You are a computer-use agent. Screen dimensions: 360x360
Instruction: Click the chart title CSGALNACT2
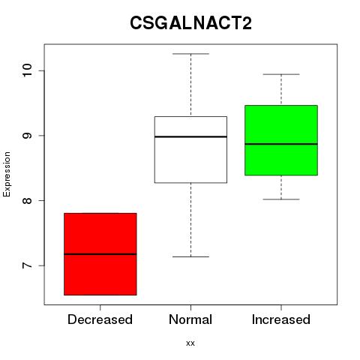point(190,22)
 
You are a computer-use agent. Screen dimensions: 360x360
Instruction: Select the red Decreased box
point(100,254)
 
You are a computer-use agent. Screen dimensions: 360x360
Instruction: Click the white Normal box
point(190,149)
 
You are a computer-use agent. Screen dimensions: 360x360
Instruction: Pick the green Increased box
point(281,140)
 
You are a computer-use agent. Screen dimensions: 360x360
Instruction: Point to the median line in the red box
point(100,254)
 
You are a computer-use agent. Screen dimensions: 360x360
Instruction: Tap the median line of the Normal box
point(190,136)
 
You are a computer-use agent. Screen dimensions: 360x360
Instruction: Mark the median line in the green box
point(281,144)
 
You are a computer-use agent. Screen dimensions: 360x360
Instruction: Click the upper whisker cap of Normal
point(190,54)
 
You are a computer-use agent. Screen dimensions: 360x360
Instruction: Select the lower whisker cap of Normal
point(190,256)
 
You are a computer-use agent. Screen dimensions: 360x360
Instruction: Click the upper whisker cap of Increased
point(281,74)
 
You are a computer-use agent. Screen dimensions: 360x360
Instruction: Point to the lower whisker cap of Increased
point(281,199)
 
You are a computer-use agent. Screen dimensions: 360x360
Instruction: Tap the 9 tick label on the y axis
point(27,136)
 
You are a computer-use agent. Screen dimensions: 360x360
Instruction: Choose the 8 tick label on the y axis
point(27,200)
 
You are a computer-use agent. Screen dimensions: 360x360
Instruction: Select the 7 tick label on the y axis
point(27,265)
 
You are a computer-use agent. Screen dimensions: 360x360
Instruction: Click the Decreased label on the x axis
point(100,319)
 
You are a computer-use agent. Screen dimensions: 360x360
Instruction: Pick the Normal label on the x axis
point(190,319)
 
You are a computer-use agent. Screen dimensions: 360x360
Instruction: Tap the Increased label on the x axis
point(281,319)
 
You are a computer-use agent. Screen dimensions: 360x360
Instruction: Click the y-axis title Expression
point(7,174)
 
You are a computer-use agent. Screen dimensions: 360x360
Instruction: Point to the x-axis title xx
point(190,343)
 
